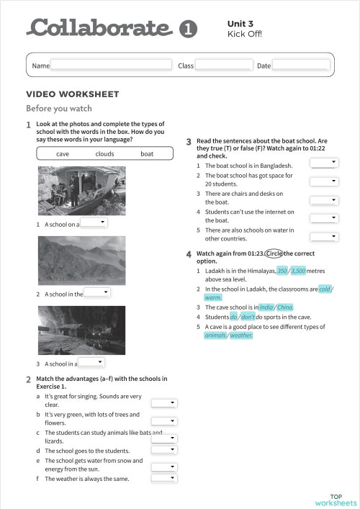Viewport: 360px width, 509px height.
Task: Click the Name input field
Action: pos(112,66)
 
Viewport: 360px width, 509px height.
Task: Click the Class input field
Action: pos(223,66)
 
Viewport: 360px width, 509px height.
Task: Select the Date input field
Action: pos(300,66)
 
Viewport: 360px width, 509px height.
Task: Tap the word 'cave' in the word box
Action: pos(63,154)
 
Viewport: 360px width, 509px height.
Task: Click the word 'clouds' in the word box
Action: pos(104,154)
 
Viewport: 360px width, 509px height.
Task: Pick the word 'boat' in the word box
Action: pos(147,154)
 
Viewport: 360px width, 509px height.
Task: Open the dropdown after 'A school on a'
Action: pos(93,223)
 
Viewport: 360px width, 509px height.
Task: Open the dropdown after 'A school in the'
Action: pos(97,293)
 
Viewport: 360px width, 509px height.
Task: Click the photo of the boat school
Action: pos(81,191)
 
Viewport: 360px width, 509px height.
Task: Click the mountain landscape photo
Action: pos(81,260)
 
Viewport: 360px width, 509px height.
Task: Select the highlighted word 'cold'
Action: pos(325,289)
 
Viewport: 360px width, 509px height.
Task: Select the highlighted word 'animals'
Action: pos(215,335)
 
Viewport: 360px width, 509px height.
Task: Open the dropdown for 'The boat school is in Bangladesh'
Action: pos(324,163)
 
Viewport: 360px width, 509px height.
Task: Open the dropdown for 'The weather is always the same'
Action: pos(164,477)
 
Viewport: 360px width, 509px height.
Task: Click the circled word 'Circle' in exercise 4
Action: pos(274,253)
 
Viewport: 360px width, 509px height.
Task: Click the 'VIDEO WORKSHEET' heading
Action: pos(73,94)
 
